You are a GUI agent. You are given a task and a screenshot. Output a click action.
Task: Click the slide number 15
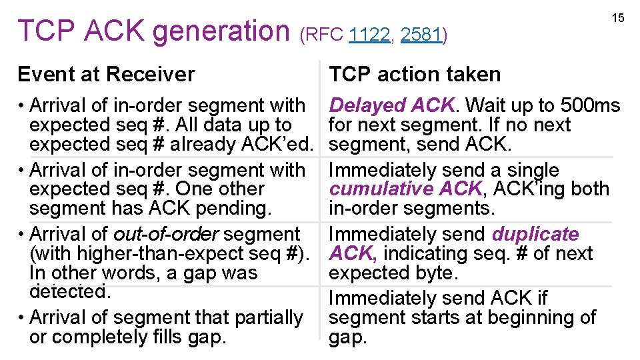618,18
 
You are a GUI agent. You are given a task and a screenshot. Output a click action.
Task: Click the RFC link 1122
369,35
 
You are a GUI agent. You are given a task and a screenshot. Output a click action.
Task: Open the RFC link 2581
421,35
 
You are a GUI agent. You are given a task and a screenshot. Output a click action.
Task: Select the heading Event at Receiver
106,74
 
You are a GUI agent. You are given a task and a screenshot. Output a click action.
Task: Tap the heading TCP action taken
415,74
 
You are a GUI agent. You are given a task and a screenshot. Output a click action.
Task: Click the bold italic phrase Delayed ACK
391,105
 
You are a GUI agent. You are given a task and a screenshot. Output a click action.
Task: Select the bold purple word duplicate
535,234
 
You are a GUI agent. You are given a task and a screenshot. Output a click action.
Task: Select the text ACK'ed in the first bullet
281,144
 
